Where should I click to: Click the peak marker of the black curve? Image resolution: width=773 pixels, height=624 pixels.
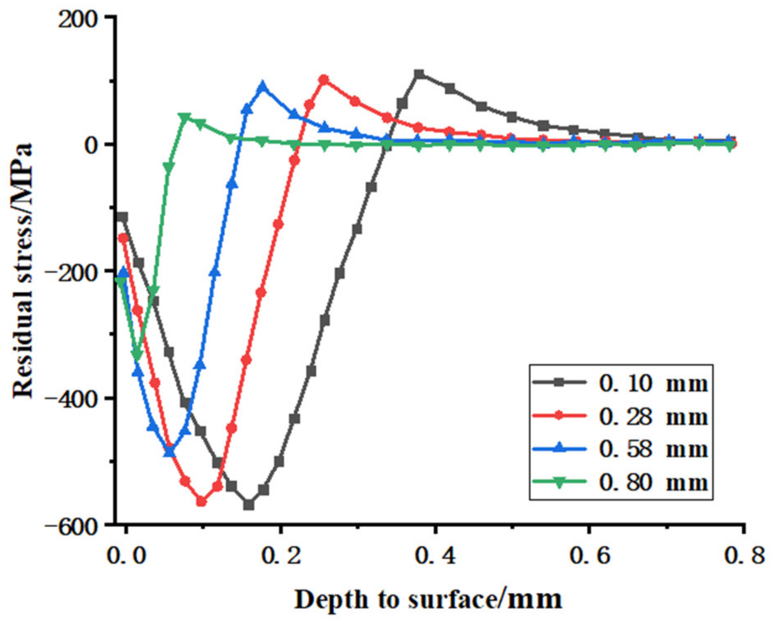419,74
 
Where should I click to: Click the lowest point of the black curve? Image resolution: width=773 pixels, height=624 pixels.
248,504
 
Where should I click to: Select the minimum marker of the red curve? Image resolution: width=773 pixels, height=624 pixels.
201,501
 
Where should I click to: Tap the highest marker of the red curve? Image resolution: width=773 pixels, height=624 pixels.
324,80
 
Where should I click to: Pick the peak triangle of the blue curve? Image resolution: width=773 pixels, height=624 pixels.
262,87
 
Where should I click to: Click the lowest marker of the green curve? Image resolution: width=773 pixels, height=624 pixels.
137,355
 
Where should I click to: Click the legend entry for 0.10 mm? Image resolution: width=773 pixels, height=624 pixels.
620,383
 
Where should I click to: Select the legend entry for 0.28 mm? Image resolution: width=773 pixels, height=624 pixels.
620,416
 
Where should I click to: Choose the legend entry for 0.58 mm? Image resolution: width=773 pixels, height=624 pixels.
620,449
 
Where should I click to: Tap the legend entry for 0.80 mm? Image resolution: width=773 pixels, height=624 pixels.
620,482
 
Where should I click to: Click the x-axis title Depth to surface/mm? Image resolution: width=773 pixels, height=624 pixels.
428,600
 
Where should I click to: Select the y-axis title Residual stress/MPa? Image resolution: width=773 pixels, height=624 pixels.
22,271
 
